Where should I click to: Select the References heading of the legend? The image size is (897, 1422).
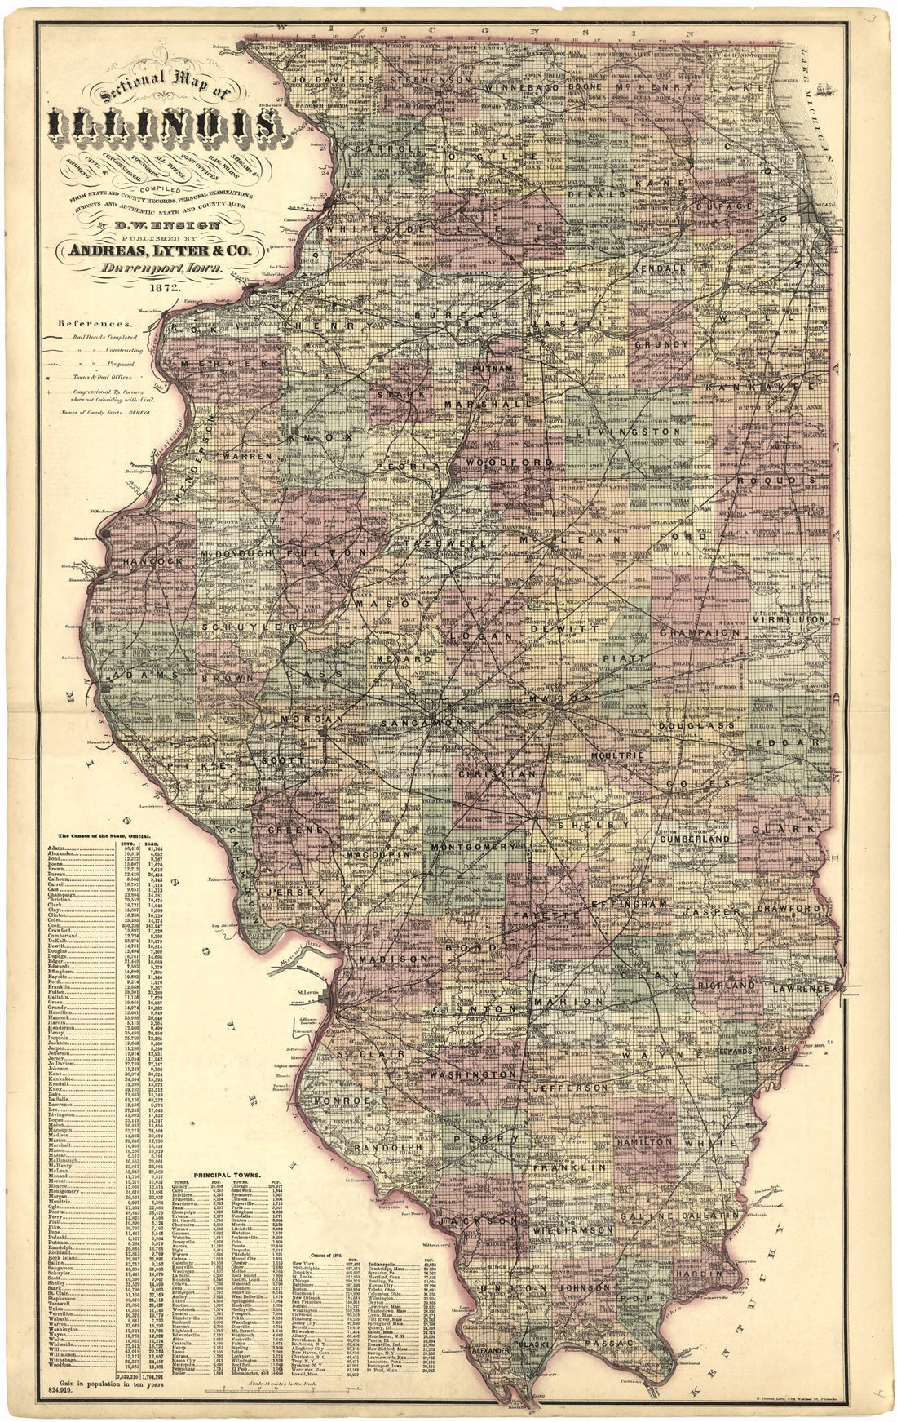[x=82, y=323]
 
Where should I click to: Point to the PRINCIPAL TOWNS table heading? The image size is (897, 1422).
[x=223, y=1175]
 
